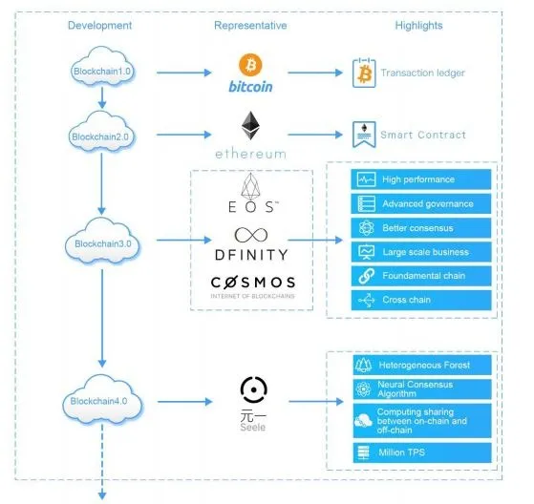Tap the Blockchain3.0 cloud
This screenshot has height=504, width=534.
[x=102, y=241]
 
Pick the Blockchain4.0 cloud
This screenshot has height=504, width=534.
[x=102, y=399]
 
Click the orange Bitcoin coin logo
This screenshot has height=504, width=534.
[x=250, y=65]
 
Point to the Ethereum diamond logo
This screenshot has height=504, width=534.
[x=250, y=126]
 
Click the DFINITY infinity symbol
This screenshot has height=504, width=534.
[x=251, y=235]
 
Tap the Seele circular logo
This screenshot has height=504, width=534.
[x=254, y=389]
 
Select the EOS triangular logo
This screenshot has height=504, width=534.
[x=250, y=186]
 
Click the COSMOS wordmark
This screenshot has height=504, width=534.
[x=253, y=283]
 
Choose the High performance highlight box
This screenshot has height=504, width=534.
[x=421, y=179]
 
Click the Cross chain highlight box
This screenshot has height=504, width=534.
[x=421, y=300]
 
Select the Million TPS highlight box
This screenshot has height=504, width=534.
[x=422, y=452]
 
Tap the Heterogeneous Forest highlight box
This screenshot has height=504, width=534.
[x=422, y=366]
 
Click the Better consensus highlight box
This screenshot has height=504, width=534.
[x=421, y=228]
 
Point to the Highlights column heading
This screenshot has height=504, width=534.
[x=419, y=26]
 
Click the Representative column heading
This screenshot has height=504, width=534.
[x=250, y=26]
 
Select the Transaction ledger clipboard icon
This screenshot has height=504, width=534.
[x=364, y=73]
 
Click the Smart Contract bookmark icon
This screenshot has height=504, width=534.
[x=364, y=135]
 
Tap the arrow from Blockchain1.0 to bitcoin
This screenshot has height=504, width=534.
[x=184, y=73]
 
